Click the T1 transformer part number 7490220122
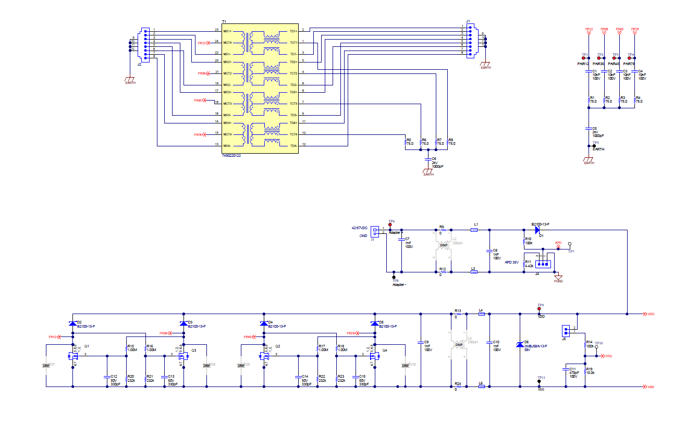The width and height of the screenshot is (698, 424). (231, 155)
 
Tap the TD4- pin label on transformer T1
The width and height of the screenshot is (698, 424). (293, 145)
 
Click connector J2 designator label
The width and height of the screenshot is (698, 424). (139, 65)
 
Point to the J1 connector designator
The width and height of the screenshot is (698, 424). (468, 21)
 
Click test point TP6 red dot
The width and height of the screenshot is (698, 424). (390, 225)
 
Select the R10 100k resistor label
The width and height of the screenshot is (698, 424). (528, 241)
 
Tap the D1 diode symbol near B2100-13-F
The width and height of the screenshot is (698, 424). (537, 229)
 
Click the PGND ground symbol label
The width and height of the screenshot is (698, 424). (558, 281)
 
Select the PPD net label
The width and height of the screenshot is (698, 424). (608, 356)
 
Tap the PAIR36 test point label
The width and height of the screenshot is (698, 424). (598, 64)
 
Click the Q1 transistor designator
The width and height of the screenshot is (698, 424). (87, 346)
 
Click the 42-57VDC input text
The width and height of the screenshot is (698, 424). (360, 228)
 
